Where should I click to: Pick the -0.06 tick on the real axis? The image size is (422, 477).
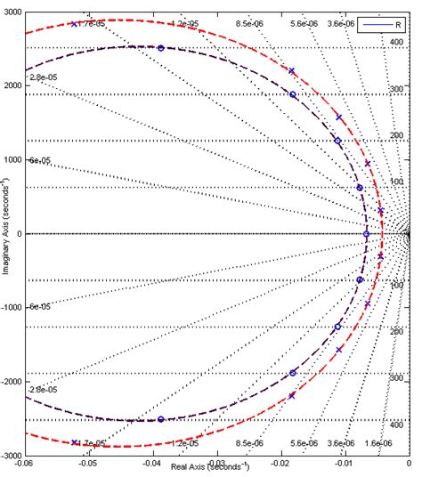[24, 464]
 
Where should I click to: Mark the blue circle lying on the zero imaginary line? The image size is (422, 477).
[366, 234]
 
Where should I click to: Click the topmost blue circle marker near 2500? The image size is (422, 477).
[160, 48]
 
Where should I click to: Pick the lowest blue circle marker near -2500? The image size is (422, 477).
[160, 419]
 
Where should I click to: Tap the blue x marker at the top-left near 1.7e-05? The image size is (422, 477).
[74, 23]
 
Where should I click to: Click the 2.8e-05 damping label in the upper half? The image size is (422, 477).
[42, 79]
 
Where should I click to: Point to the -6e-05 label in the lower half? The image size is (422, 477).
[42, 307]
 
